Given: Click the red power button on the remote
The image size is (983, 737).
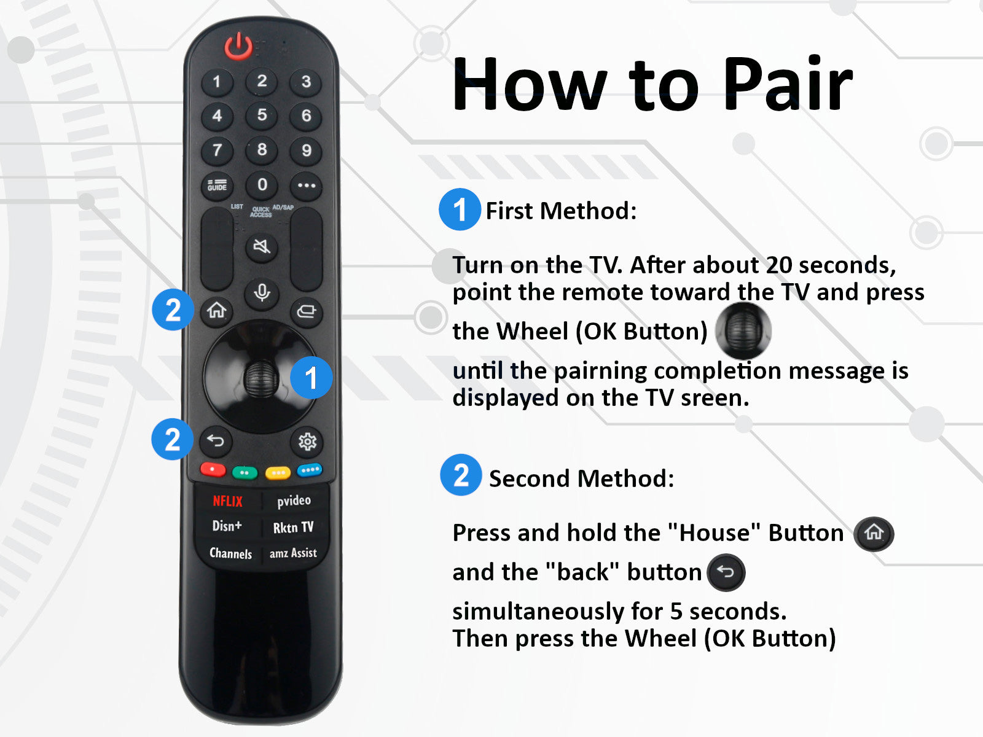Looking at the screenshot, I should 238,46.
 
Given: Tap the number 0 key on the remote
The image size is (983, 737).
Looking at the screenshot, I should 262,185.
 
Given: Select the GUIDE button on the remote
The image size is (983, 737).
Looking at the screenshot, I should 217,185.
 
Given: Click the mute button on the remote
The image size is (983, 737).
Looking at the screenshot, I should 262,247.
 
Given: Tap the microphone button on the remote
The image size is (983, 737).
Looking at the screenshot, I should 262,292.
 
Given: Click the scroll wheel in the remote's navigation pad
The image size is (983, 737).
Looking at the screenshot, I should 260,378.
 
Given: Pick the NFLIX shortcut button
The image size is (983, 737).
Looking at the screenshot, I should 227,501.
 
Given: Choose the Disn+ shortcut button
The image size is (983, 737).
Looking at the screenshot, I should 227,526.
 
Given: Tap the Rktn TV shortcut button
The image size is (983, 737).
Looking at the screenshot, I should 293,528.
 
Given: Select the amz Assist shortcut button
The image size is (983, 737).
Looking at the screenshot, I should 293,553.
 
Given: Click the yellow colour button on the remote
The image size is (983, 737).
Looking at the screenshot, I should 278,472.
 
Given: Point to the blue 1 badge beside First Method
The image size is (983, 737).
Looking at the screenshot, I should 460,210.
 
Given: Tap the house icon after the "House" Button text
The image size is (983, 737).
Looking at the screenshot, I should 874,533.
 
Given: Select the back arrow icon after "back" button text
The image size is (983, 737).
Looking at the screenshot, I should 726,572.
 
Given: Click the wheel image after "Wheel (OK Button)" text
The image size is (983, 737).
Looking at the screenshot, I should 743,330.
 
